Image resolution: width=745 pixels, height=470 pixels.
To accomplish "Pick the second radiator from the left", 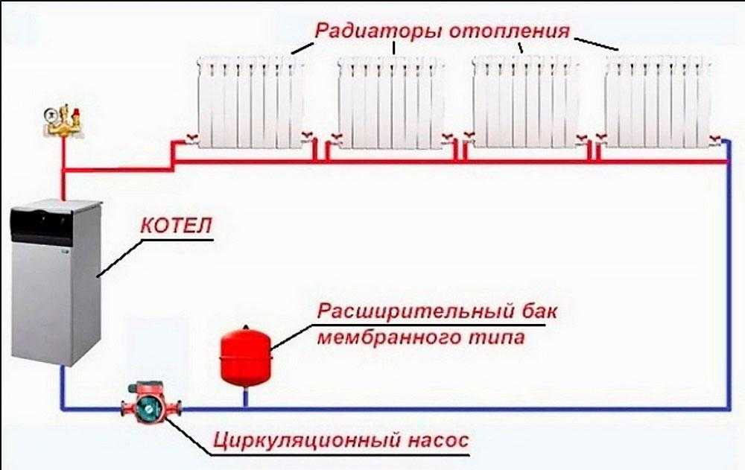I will [x=389, y=101].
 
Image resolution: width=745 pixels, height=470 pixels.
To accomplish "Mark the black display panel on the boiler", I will [x=45, y=221].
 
